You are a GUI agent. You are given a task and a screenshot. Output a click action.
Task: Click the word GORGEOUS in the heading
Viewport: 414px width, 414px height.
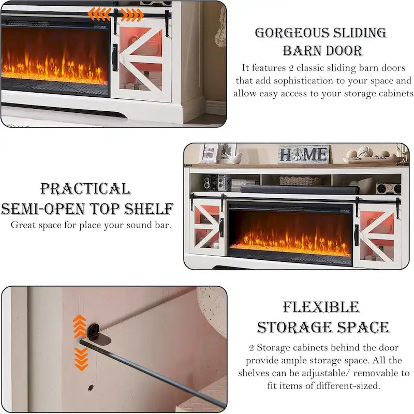[x=291, y=33]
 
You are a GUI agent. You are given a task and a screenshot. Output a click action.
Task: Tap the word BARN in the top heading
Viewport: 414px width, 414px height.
[x=302, y=51]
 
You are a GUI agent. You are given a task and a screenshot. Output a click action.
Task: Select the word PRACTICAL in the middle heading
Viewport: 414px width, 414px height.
[x=85, y=189]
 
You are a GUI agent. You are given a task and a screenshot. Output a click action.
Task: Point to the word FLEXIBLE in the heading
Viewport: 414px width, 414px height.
[x=321, y=307]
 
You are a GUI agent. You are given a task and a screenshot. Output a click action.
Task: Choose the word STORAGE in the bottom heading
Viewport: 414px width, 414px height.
[x=294, y=328]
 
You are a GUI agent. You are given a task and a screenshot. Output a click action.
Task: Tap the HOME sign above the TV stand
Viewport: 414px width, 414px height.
[x=304, y=154]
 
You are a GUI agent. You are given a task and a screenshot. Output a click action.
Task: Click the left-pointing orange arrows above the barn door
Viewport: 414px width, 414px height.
[x=99, y=14]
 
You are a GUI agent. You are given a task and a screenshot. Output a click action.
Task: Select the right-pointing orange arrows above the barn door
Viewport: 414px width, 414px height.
[x=132, y=15]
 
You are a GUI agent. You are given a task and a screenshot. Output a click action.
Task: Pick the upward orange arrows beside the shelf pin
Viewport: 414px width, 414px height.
[x=80, y=327]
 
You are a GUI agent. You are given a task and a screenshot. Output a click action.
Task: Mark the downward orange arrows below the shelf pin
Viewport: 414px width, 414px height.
[x=81, y=359]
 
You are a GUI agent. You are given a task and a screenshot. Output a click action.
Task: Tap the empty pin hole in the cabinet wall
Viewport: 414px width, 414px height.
[x=91, y=387]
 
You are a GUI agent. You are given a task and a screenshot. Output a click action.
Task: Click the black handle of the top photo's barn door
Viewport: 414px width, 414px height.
[x=115, y=57]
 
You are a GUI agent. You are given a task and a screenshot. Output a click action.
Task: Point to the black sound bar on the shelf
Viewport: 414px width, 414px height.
[x=300, y=189]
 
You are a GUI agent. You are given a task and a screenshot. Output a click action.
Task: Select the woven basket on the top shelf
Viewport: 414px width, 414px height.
[x=300, y=181]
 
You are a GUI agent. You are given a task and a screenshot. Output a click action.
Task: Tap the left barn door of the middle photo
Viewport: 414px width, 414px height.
[x=206, y=227]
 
